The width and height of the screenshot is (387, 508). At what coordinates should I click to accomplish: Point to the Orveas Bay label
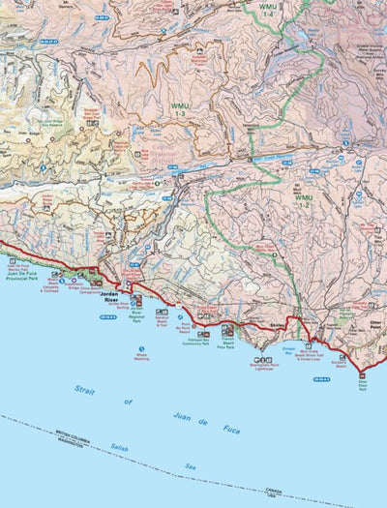[x=289, y=349]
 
